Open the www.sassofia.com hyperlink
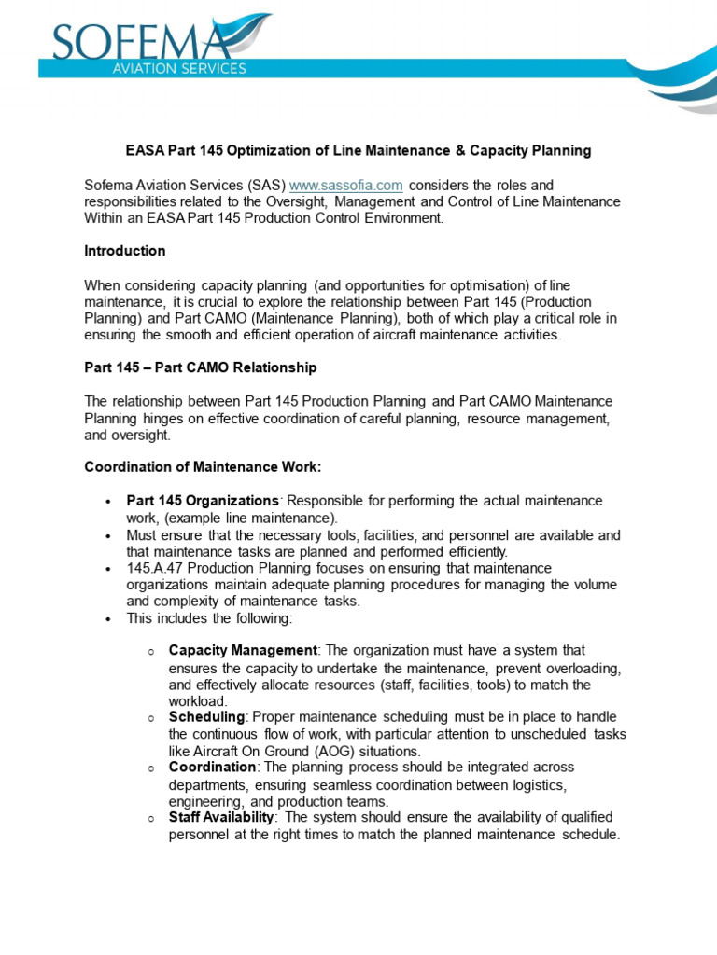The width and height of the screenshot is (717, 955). (x=346, y=186)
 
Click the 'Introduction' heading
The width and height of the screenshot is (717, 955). (x=125, y=251)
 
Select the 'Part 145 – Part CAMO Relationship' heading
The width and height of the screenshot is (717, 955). (x=201, y=367)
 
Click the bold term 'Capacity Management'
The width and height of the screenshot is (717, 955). (x=243, y=650)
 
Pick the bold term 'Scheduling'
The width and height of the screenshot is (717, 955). (x=206, y=716)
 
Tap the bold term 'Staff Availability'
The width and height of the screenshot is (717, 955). (x=221, y=817)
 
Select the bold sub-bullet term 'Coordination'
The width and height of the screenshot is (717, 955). (x=214, y=767)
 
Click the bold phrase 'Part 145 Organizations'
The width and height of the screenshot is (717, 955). (x=203, y=501)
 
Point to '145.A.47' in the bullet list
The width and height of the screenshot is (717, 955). (x=155, y=568)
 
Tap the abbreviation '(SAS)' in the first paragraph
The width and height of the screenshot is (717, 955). (x=266, y=186)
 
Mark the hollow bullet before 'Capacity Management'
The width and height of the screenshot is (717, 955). (x=150, y=651)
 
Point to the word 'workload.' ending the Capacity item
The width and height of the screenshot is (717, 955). (x=199, y=700)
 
